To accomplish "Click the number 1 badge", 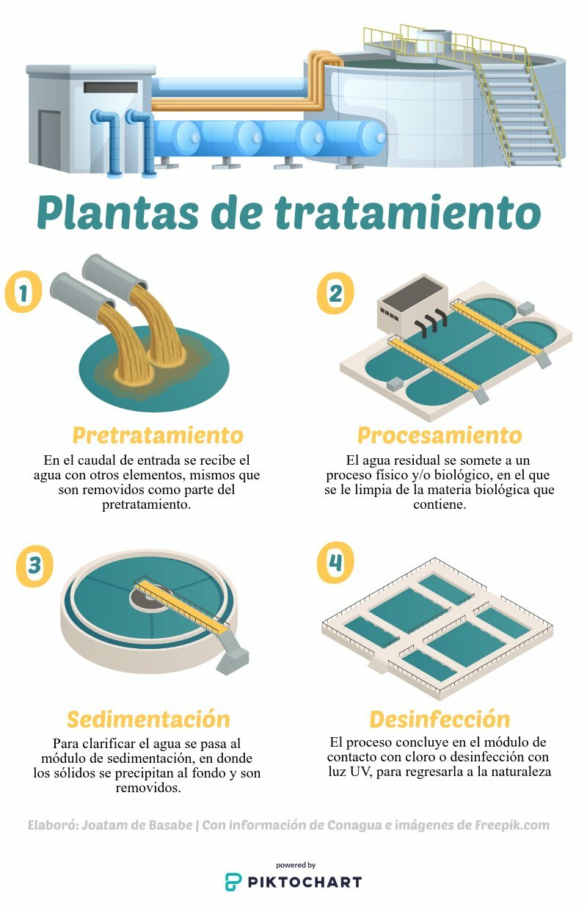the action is (23, 291).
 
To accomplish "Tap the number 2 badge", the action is (335, 293).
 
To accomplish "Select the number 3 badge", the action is (34, 566).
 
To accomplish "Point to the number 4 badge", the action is (335, 562).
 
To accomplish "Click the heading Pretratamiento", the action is (158, 435).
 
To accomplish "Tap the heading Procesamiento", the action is (440, 435).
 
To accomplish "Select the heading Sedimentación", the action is (148, 720).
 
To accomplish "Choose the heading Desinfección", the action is (440, 720).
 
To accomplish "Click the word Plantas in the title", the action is (118, 212).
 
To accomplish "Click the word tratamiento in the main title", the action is (408, 212).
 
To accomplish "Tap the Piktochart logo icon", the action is (233, 882).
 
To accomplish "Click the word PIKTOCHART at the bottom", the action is (305, 883).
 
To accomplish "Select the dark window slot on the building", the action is (111, 87).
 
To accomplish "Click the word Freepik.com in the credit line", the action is (512, 825).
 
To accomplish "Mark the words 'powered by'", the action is (296, 866).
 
